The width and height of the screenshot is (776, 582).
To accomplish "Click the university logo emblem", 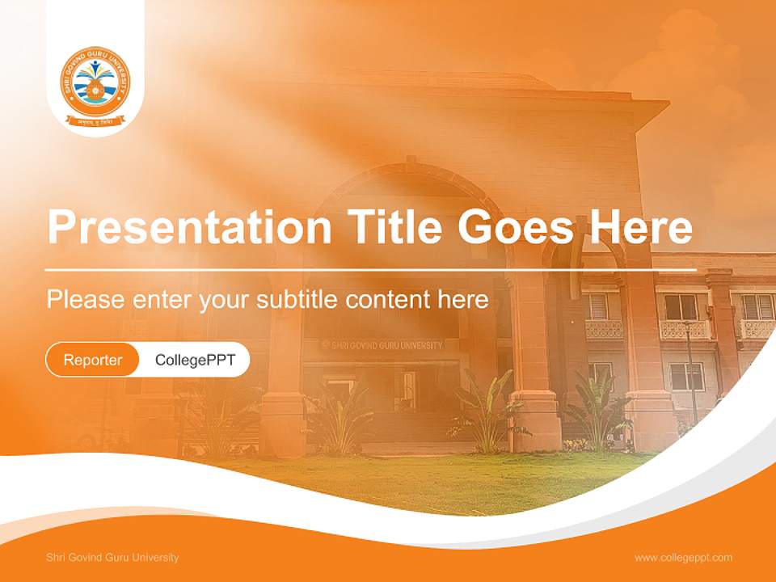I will [95, 82].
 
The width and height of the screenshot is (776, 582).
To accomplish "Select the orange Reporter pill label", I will [93, 360].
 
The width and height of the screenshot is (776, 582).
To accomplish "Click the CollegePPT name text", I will [195, 360].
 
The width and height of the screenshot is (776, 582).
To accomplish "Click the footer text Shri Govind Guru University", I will [112, 558].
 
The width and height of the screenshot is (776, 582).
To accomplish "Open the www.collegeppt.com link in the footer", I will [683, 558].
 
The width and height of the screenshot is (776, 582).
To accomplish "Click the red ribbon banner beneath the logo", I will [95, 121].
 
